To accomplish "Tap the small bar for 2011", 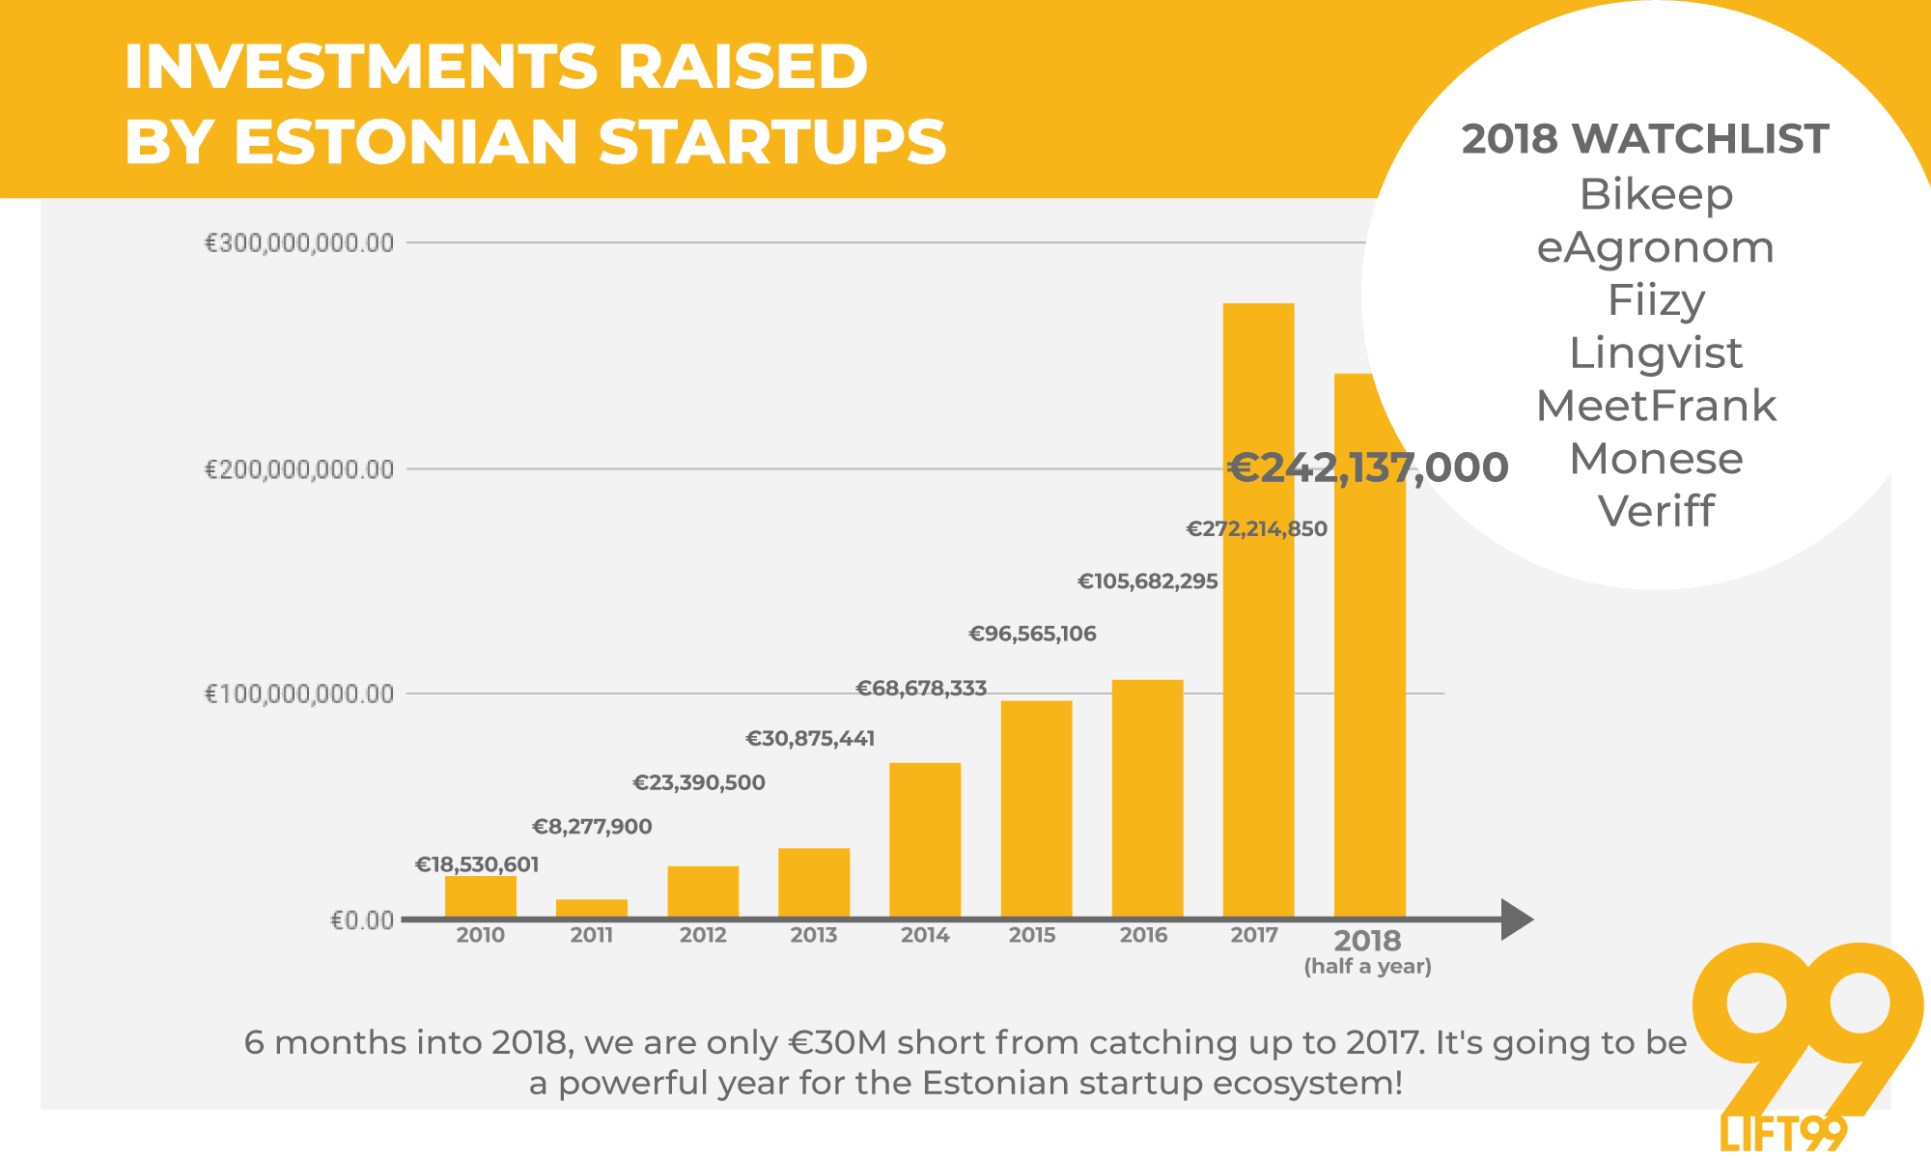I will pyautogui.click(x=592, y=908).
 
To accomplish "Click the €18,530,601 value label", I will pyautogui.click(x=477, y=864).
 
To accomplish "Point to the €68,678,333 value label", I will pyautogui.click(x=921, y=689).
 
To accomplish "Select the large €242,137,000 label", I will pyautogui.click(x=1367, y=467).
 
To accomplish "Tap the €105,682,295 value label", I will pyautogui.click(x=1148, y=581).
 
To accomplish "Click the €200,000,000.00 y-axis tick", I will pyautogui.click(x=299, y=469).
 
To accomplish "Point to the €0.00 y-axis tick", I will pyautogui.click(x=362, y=920).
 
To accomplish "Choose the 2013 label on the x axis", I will pyautogui.click(x=814, y=935).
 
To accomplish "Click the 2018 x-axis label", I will pyautogui.click(x=1367, y=941).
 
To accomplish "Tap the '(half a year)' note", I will pyautogui.click(x=1367, y=967).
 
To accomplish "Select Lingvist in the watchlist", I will pyautogui.click(x=1656, y=353).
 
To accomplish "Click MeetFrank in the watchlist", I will pyautogui.click(x=1656, y=406).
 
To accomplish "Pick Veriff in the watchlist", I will pyautogui.click(x=1656, y=511).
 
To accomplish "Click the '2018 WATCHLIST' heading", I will pyautogui.click(x=1644, y=139).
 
